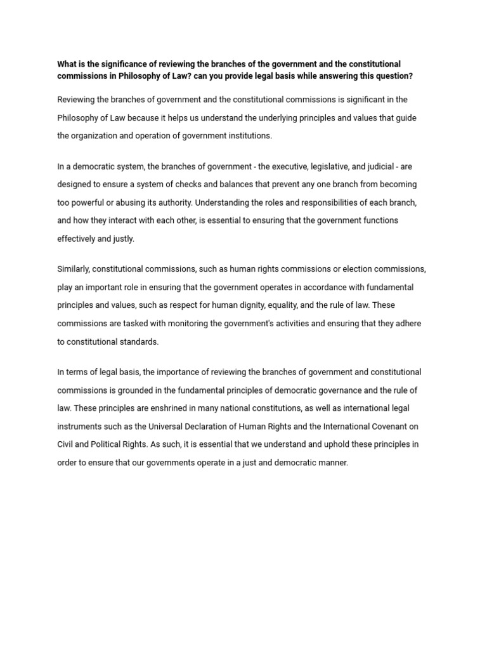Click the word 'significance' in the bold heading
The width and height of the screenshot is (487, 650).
click(111, 64)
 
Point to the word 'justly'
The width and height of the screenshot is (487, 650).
click(122, 239)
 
